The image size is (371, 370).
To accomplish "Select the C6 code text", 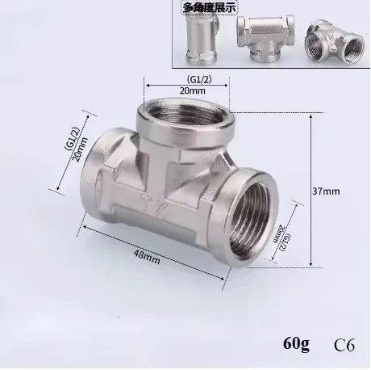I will coord(345,347).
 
